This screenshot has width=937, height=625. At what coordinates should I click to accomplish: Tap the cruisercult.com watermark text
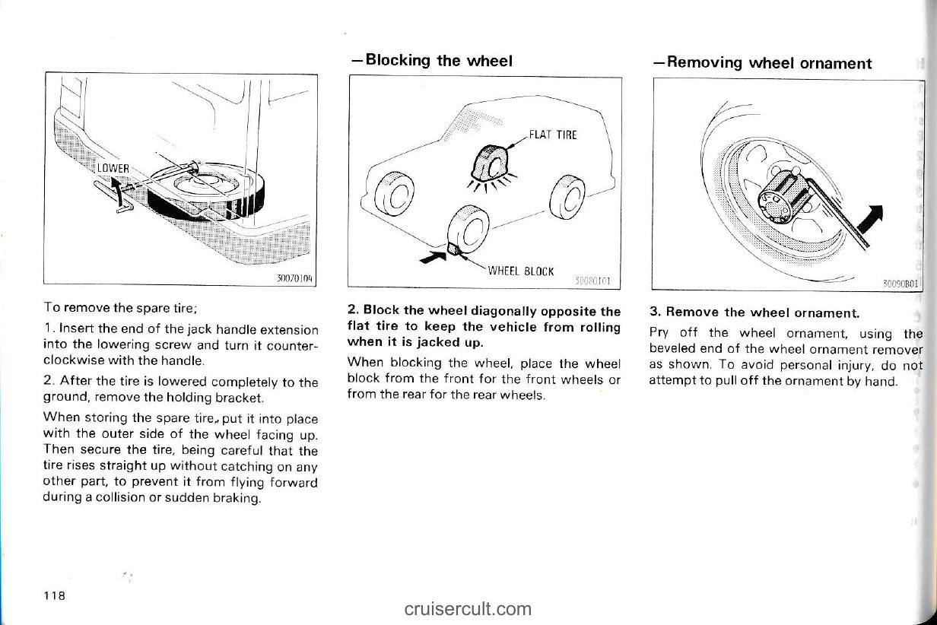coord(468,608)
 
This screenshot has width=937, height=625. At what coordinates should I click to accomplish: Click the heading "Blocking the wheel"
coord(431,61)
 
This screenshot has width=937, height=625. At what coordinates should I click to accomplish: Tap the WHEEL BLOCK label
coord(521,271)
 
